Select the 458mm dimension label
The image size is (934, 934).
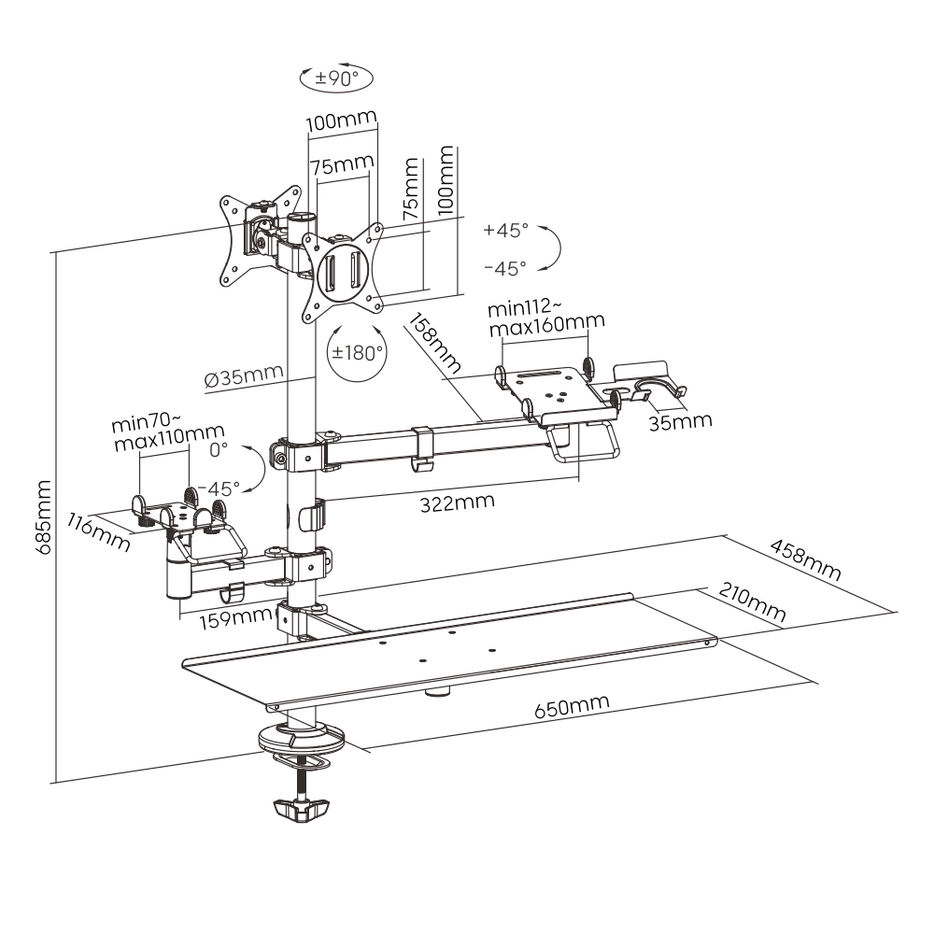804,558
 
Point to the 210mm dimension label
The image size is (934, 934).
751,603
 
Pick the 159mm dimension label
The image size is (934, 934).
223,616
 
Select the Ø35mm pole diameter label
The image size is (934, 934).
243,377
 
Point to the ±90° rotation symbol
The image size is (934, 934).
335,78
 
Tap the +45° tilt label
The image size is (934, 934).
505,230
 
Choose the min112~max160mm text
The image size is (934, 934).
545,318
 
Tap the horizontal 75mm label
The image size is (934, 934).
342,165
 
